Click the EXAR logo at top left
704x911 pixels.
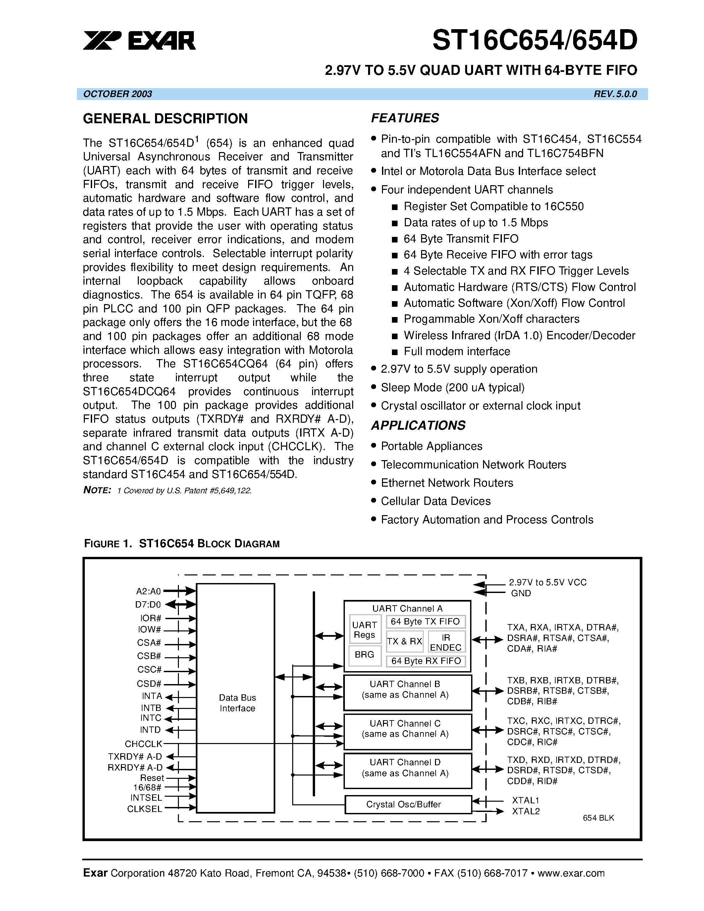pos(139,41)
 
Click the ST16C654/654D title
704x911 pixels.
pos(535,40)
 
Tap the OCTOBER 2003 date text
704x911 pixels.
pos(118,94)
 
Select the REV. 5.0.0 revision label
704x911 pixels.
pos(615,94)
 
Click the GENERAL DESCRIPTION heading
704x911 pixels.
pos(165,119)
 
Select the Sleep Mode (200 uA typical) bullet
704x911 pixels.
pos(452,388)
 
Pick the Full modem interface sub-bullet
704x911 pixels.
pos(457,351)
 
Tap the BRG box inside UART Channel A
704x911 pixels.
pos(364,655)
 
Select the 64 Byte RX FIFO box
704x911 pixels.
pos(426,661)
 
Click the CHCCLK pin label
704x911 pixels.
pos(143,744)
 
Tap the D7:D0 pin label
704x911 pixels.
pos(148,605)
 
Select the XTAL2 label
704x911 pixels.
pos(525,811)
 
